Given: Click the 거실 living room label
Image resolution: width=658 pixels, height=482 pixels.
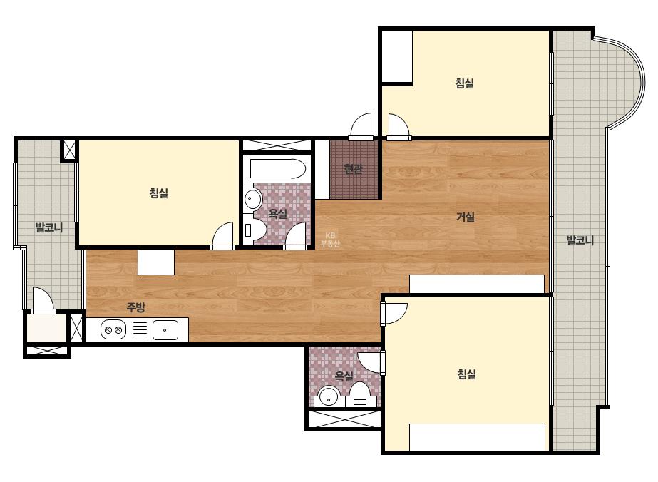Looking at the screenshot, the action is click(466, 217).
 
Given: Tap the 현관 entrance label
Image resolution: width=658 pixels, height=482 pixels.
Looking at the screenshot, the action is click(353, 169).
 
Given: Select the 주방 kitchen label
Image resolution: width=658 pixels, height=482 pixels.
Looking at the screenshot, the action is click(136, 307).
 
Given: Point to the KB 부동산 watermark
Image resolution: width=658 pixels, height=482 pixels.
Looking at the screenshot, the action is click(330, 240).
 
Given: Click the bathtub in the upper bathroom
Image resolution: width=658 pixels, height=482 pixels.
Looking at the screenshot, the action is click(278, 169).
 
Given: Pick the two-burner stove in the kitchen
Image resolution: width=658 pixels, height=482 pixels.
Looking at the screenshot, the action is click(113, 329).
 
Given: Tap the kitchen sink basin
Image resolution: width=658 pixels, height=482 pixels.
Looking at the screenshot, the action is click(165, 330).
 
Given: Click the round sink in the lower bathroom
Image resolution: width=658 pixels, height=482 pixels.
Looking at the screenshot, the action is click(329, 396).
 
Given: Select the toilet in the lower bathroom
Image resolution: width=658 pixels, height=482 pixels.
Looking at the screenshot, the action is click(359, 395).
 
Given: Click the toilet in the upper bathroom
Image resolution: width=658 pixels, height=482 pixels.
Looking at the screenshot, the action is click(254, 230).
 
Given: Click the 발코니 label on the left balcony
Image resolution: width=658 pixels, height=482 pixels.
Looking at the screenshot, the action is click(49, 228).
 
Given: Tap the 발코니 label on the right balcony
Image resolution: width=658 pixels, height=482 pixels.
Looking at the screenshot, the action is click(580, 240).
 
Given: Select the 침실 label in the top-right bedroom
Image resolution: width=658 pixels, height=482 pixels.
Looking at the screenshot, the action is click(465, 83).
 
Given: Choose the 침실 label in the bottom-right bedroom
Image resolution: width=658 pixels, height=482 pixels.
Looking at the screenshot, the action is click(466, 374).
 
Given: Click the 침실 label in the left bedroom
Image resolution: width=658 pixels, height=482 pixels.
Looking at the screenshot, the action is click(159, 193).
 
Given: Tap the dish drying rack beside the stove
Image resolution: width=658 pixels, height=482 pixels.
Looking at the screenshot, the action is click(140, 329).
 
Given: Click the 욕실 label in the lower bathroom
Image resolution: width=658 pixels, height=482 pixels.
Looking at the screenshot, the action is click(344, 376).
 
